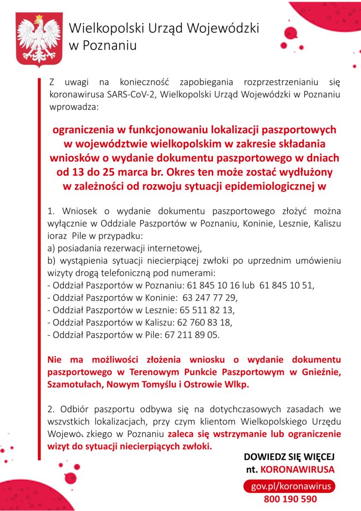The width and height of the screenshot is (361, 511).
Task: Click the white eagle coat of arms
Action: pyautogui.click(x=39, y=40)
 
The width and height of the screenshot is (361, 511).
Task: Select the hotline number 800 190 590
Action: pyautogui.click(x=291, y=499)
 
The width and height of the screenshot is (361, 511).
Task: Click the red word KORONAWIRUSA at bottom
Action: pyautogui.click(x=298, y=470)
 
